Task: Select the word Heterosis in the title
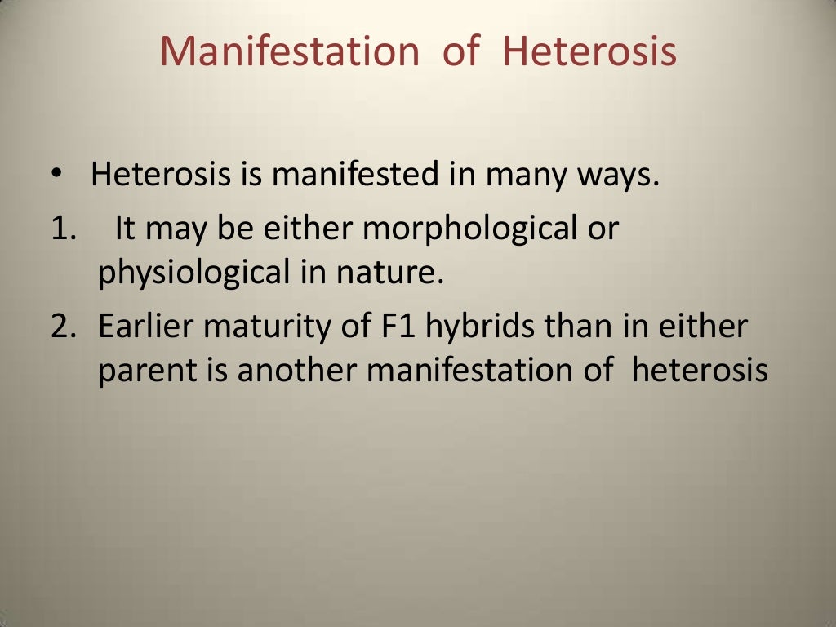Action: (589, 51)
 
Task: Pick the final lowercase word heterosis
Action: (700, 370)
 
